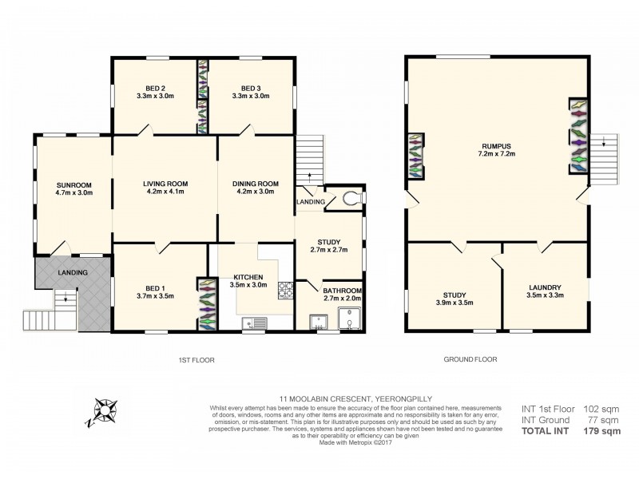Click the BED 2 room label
(x=156, y=88)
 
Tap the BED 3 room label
(x=250, y=88)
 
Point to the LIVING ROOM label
(x=165, y=183)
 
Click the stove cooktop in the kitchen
(x=285, y=291)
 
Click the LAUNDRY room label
(x=545, y=287)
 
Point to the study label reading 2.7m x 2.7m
(x=329, y=244)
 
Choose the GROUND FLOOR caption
(x=470, y=360)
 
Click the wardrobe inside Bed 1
(x=207, y=303)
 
